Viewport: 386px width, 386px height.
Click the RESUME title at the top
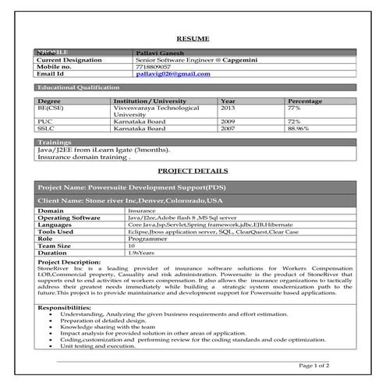point(193,37)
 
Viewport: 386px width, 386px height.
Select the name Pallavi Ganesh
point(156,51)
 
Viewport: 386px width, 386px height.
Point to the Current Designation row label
point(69,59)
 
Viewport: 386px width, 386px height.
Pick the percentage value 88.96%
point(299,128)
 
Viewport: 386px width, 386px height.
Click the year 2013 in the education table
point(228,108)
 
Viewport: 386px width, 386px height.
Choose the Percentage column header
point(304,101)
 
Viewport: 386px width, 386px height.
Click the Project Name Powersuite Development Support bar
point(134,189)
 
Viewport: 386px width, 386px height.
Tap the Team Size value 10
point(131,246)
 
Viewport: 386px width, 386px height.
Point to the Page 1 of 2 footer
point(314,364)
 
